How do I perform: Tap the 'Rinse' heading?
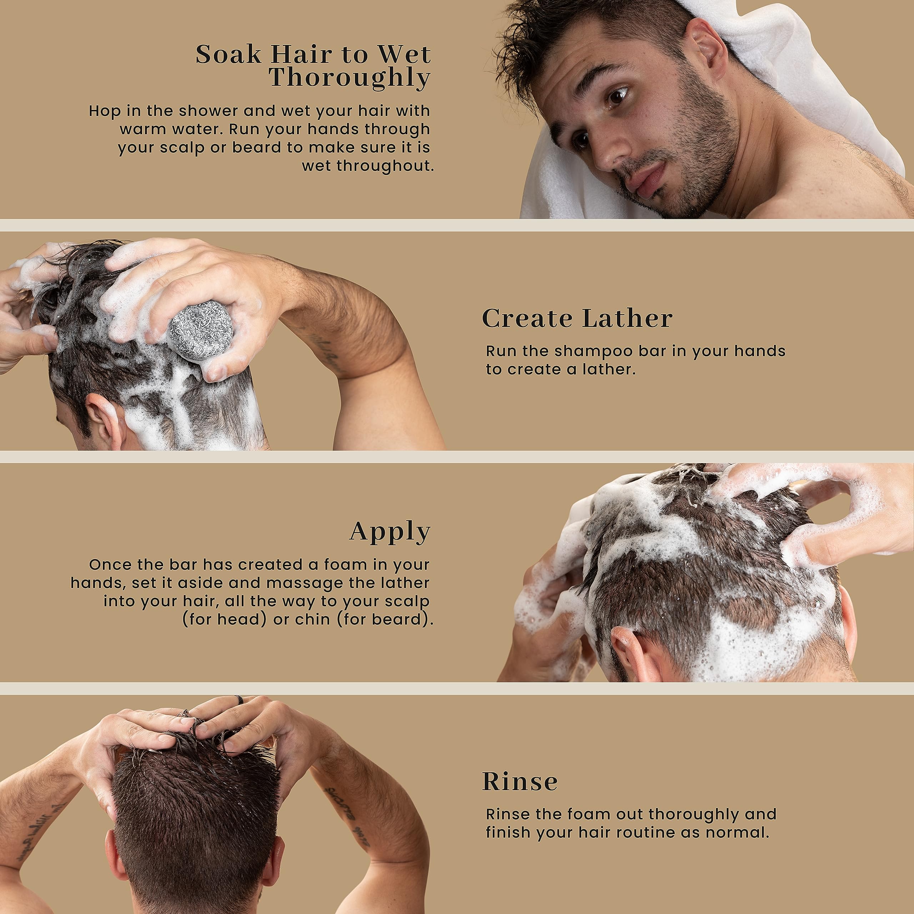[x=519, y=782]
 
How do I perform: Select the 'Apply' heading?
[x=390, y=532]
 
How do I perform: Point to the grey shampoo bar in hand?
[x=201, y=332]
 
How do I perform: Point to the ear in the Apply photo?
[x=629, y=648]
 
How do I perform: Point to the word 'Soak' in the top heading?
[x=228, y=54]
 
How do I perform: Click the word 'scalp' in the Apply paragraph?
[x=407, y=601]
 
